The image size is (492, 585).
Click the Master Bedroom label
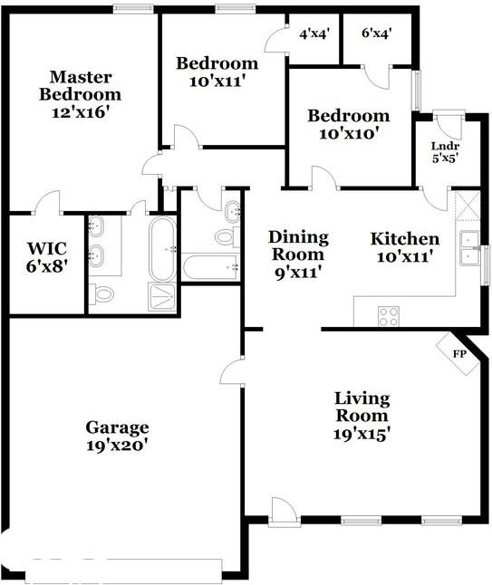(85, 94)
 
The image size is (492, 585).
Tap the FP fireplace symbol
(458, 353)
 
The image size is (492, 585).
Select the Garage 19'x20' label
(117, 436)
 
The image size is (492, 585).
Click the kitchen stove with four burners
(389, 315)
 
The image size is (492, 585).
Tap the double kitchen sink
(469, 251)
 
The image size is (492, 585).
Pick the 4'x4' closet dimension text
(314, 34)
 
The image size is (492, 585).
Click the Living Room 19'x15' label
(362, 416)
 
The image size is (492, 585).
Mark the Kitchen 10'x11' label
(405, 247)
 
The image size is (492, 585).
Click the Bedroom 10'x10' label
(348, 124)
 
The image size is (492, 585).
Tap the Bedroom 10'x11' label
(217, 72)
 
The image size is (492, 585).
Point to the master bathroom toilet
(103, 292)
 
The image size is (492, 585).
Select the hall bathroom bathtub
(210, 267)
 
